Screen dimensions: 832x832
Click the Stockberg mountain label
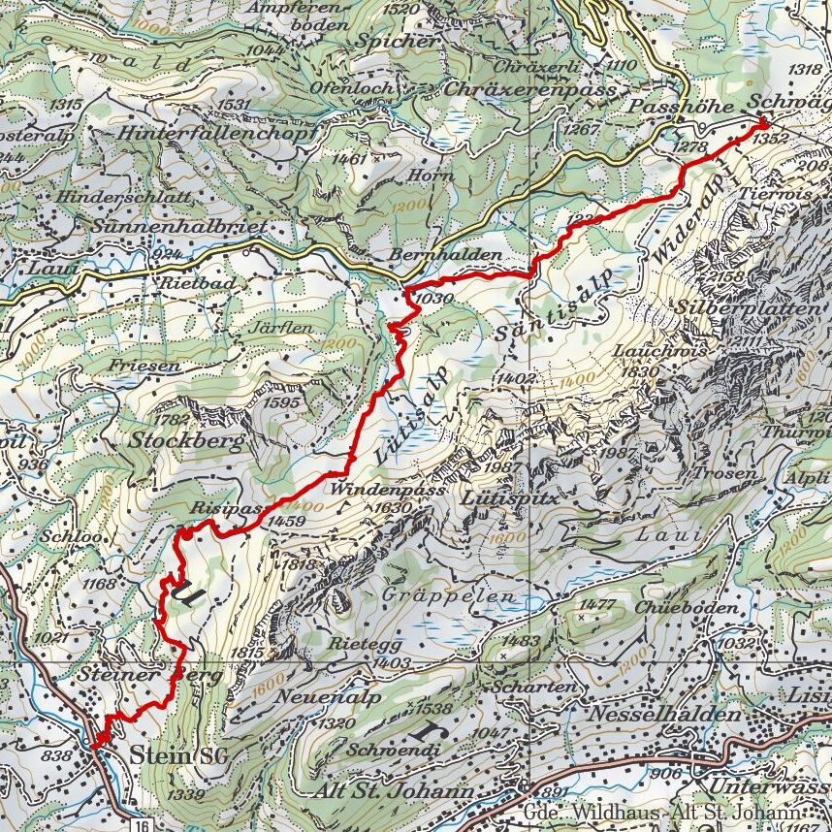pyautogui.click(x=183, y=439)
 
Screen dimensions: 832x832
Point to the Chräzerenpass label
pyautogui.click(x=532, y=89)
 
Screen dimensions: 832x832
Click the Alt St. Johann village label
pyautogui.click(x=396, y=792)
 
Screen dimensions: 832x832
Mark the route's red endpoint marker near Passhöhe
pyautogui.click(x=762, y=122)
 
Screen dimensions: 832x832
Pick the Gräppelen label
pyautogui.click(x=447, y=594)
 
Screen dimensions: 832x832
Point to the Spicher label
pyautogui.click(x=397, y=42)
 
